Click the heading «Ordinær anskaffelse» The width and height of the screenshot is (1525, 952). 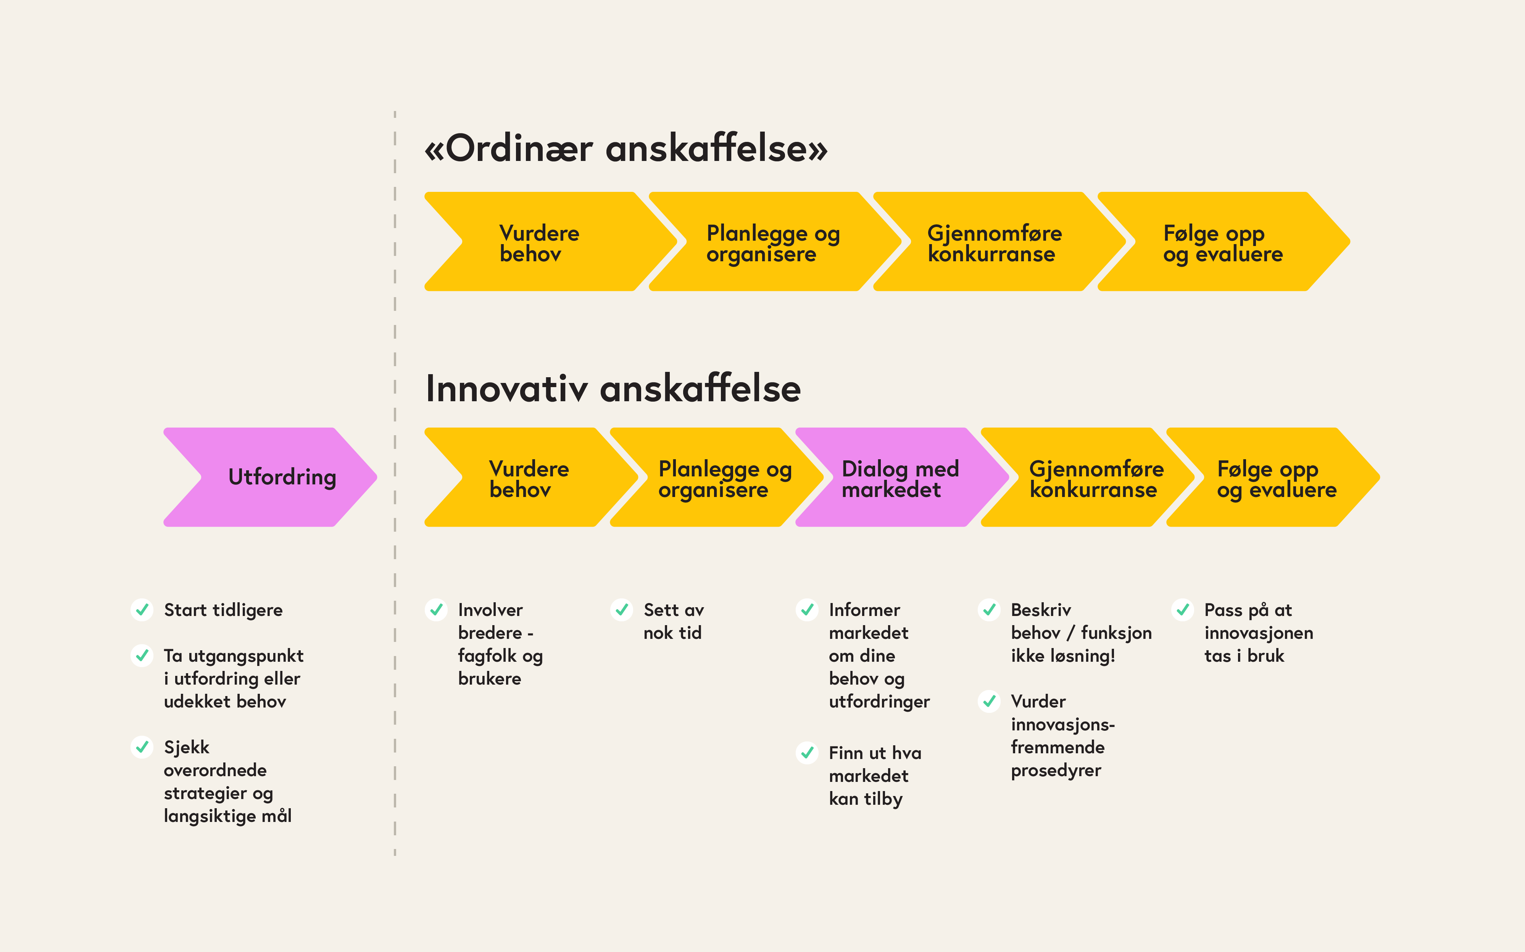click(x=625, y=149)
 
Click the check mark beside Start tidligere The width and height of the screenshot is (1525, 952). click(x=142, y=609)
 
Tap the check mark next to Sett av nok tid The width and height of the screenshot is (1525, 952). click(x=622, y=609)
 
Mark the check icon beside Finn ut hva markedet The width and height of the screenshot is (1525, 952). click(x=807, y=753)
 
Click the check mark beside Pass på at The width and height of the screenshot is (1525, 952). click(x=1182, y=609)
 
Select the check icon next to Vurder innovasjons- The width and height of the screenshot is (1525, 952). click(x=989, y=701)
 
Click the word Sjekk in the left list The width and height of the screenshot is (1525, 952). click(x=187, y=747)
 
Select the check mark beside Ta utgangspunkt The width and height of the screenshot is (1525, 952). click(x=142, y=655)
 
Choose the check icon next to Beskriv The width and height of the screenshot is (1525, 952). click(x=989, y=609)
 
